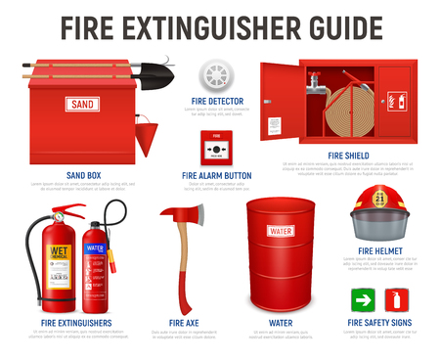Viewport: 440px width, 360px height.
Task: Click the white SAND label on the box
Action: point(80,104)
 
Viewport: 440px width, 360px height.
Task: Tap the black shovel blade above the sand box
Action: point(159,71)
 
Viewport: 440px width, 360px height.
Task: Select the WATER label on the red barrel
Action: point(280,231)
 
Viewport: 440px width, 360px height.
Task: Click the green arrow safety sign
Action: point(361,298)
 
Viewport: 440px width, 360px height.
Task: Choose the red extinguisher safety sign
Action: point(397,298)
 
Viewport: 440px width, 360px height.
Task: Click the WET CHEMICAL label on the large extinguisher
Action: point(59,254)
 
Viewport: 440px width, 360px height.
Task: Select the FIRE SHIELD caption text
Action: point(348,155)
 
